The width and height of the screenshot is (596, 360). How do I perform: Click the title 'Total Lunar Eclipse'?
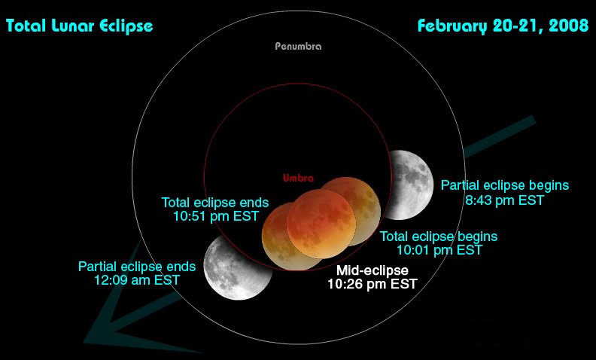[79, 26]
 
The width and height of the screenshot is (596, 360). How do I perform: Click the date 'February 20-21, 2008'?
[502, 26]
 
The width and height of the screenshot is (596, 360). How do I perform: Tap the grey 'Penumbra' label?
[297, 46]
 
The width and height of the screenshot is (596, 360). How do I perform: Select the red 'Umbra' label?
[298, 178]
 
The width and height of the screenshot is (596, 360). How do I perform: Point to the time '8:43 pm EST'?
[504, 200]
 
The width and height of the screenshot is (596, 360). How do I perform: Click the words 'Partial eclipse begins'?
[504, 185]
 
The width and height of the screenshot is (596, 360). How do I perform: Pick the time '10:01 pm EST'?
[439, 250]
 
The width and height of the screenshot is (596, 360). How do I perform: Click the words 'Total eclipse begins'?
[439, 236]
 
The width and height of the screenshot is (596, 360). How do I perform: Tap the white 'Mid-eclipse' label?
[372, 270]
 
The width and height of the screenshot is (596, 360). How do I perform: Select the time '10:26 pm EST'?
[372, 284]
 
